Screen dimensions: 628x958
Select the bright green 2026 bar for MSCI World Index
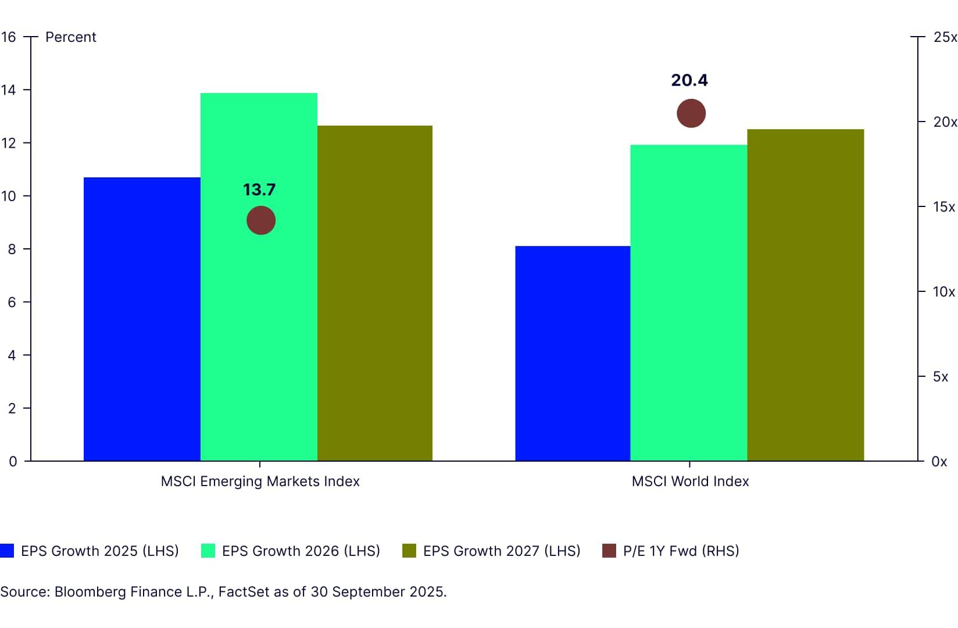click(688, 302)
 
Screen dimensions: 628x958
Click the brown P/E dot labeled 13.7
click(261, 221)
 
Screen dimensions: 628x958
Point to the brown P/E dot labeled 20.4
click(691, 113)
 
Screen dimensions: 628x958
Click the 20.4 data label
click(689, 80)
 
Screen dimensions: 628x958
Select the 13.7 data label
click(259, 190)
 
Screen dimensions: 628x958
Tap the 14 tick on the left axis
click(9, 90)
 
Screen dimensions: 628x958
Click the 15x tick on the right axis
click(943, 207)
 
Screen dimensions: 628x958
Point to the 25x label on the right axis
click(945, 37)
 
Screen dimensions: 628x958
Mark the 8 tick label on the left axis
click(12, 249)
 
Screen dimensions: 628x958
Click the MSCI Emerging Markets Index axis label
click(260, 481)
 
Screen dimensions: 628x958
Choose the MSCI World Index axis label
click(690, 481)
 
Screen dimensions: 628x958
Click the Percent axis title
click(71, 37)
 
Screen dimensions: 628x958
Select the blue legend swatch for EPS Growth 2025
click(7, 551)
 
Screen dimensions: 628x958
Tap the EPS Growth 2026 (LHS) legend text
click(301, 551)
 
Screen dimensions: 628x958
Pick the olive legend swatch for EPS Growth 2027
click(409, 551)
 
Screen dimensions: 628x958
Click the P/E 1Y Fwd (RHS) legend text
click(681, 551)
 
